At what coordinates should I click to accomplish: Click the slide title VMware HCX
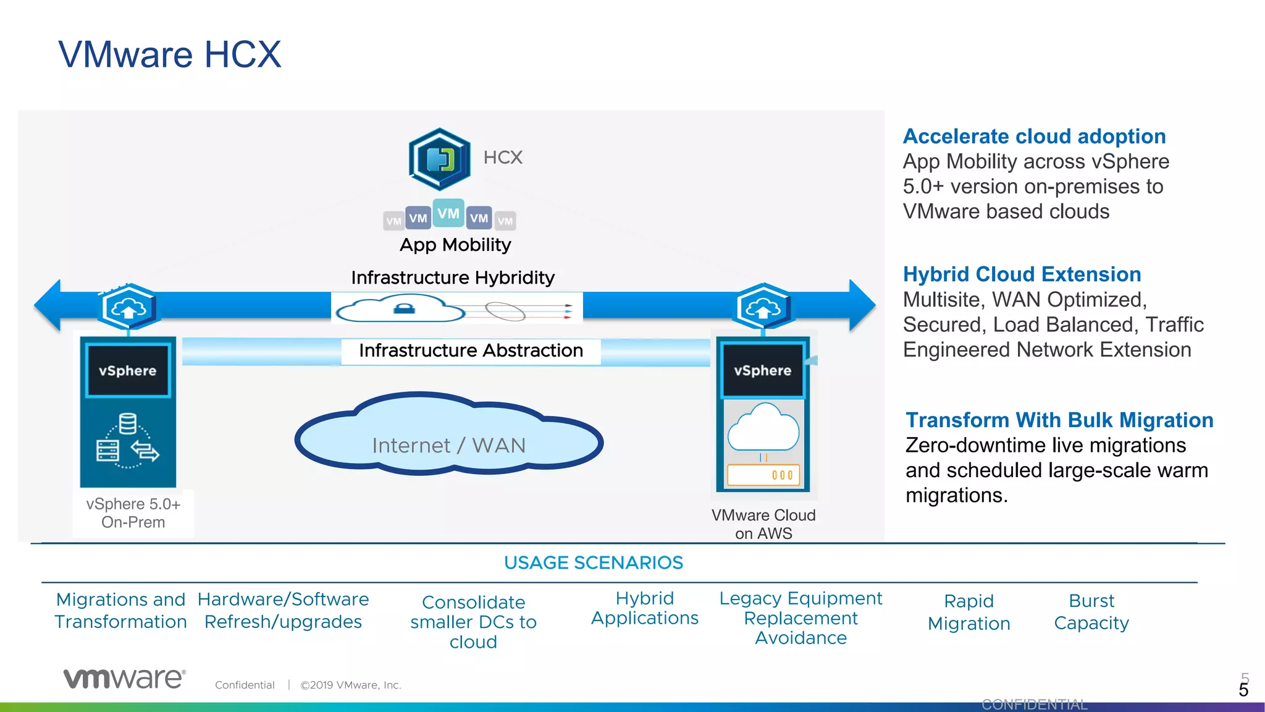[x=170, y=54]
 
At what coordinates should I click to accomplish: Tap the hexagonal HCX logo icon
[x=439, y=159]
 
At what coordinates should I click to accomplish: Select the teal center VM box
[x=448, y=213]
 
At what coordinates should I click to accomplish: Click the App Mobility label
[x=455, y=245]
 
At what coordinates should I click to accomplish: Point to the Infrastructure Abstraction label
[x=471, y=350]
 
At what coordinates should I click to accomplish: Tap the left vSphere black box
[x=128, y=371]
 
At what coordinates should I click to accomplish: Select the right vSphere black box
[x=763, y=370]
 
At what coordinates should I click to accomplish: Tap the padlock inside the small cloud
[x=405, y=308]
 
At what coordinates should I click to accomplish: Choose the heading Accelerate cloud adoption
[x=1034, y=136]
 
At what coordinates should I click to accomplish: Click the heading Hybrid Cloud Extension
[x=1022, y=274]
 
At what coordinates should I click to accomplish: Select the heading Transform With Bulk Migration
[x=1059, y=420]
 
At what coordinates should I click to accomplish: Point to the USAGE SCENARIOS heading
[x=593, y=562]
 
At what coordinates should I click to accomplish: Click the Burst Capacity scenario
[x=1091, y=611]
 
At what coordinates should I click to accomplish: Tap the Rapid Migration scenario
[x=969, y=612]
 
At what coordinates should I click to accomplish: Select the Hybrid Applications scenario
[x=644, y=608]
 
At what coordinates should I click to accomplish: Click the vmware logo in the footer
[x=124, y=678]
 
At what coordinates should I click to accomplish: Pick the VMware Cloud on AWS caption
[x=763, y=523]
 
